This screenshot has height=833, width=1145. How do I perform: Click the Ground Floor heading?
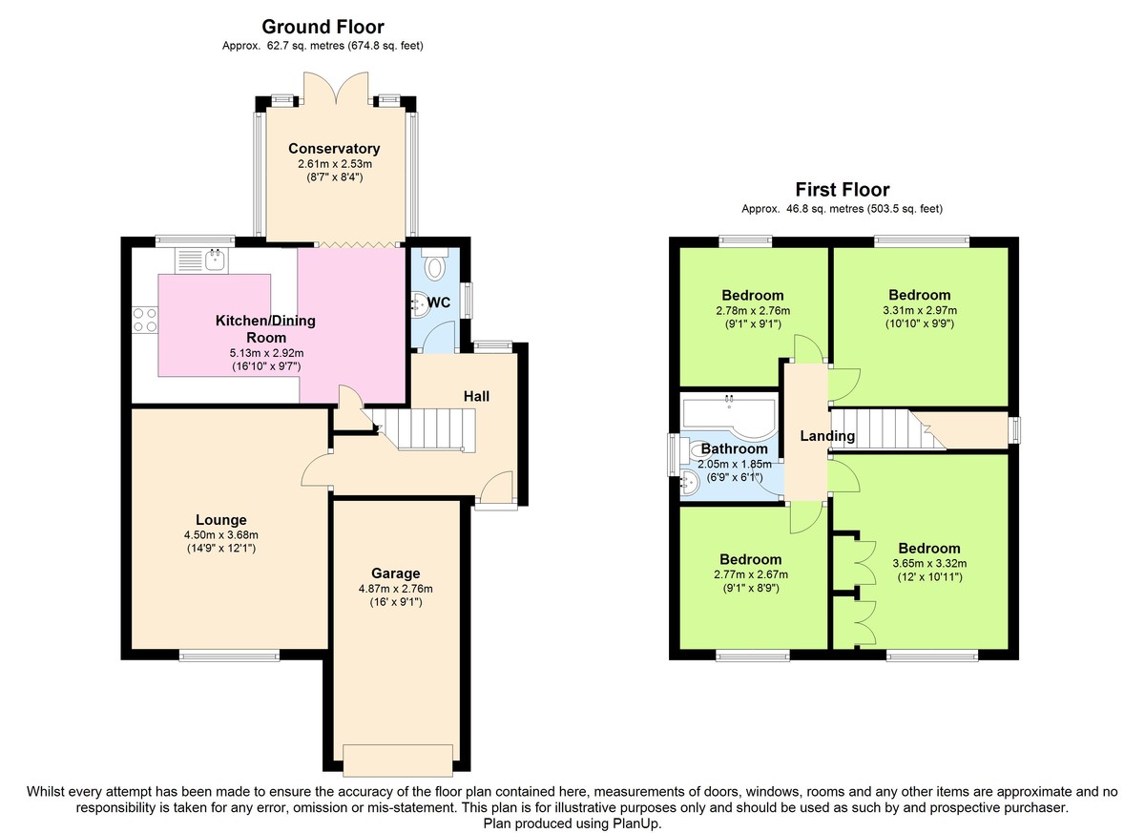pyautogui.click(x=323, y=26)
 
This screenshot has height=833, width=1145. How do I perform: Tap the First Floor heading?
pyautogui.click(x=842, y=190)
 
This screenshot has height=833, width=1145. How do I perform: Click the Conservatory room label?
pyautogui.click(x=334, y=148)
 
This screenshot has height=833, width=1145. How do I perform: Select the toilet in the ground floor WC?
pyautogui.click(x=435, y=264)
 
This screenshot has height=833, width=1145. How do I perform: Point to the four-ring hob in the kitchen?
pyautogui.click(x=145, y=320)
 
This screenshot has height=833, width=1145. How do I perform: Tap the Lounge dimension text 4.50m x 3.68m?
pyautogui.click(x=221, y=535)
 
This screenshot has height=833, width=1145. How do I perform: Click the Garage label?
pyautogui.click(x=396, y=573)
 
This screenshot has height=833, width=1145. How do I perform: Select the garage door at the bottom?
pyautogui.click(x=398, y=760)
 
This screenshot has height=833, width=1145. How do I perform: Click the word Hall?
pyautogui.click(x=476, y=396)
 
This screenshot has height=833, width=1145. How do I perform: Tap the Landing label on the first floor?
pyautogui.click(x=827, y=436)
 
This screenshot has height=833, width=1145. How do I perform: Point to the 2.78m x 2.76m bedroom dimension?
pyautogui.click(x=753, y=311)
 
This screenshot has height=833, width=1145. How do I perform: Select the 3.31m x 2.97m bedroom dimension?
pyautogui.click(x=920, y=310)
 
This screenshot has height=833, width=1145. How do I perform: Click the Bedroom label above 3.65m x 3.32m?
pyautogui.click(x=929, y=549)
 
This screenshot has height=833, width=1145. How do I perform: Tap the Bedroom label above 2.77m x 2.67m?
pyautogui.click(x=750, y=559)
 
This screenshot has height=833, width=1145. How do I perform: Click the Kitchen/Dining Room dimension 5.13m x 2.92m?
pyautogui.click(x=266, y=353)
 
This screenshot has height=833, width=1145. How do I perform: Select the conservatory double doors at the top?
pyautogui.click(x=336, y=86)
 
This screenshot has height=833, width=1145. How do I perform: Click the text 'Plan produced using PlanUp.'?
pyautogui.click(x=572, y=823)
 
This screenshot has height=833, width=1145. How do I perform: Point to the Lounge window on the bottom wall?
pyautogui.click(x=229, y=656)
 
